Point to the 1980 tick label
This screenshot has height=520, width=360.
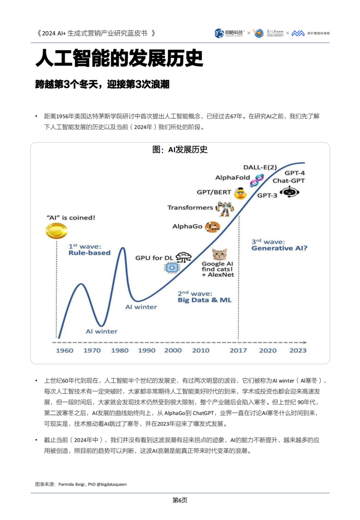coord(120,350)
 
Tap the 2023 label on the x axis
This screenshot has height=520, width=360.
coord(297,350)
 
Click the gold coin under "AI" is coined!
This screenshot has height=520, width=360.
coord(56,231)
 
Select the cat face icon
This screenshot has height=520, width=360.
coord(220,254)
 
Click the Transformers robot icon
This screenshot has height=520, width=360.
coord(223,208)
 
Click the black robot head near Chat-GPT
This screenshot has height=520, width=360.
coord(289,192)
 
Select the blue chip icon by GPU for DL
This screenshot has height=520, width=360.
coord(171,267)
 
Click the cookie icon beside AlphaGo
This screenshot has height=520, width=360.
coord(211,226)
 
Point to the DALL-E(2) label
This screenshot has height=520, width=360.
coord(260,167)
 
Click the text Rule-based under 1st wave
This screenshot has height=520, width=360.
coord(90,253)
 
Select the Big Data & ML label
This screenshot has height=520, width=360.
coord(205,299)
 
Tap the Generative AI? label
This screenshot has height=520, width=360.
coord(279,248)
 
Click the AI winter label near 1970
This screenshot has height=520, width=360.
coord(101,331)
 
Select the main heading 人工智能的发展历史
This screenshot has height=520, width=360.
coord(119,59)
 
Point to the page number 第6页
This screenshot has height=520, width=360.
coord(180,500)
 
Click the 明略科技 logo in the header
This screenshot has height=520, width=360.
coord(229,33)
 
